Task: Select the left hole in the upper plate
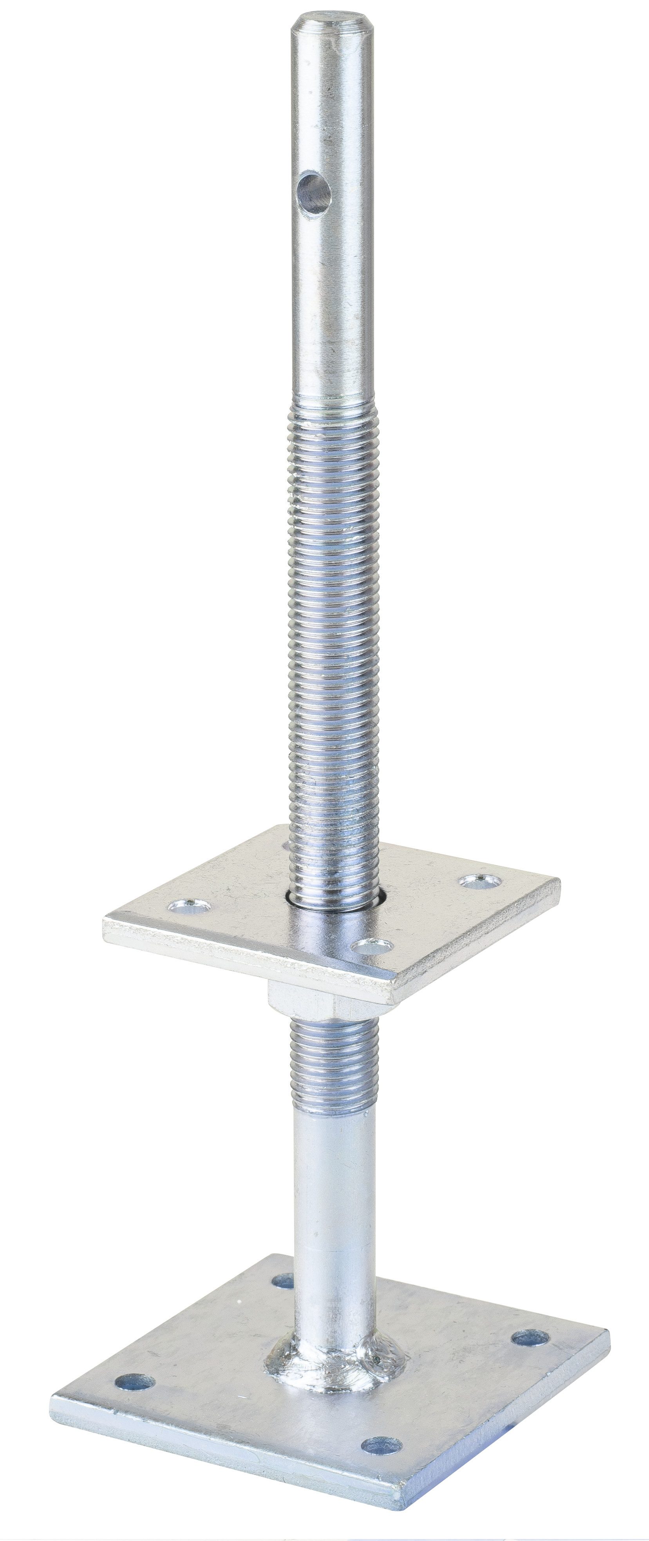(x=189, y=907)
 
